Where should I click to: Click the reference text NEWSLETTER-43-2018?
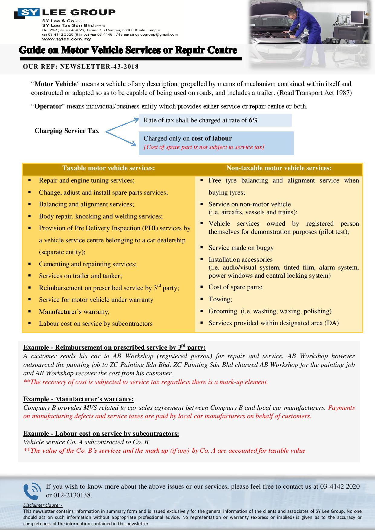[99, 66]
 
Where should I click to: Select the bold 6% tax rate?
[253, 120]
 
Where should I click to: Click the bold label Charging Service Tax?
[67, 131]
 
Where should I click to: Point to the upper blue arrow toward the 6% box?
[122, 125]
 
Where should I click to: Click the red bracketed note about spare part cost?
[204, 147]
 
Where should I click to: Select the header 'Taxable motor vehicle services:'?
[109, 168]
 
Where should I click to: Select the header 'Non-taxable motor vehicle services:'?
[279, 168]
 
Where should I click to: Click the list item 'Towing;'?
[220, 299]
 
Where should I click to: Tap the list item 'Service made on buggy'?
[241, 248]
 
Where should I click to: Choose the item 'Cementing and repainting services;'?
[88, 264]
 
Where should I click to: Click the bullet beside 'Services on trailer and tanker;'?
[30, 276]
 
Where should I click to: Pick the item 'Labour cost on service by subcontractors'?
[96, 324]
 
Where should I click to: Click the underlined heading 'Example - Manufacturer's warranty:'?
[78, 399]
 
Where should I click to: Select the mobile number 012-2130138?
[69, 496]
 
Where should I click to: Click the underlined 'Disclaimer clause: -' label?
[43, 505]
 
